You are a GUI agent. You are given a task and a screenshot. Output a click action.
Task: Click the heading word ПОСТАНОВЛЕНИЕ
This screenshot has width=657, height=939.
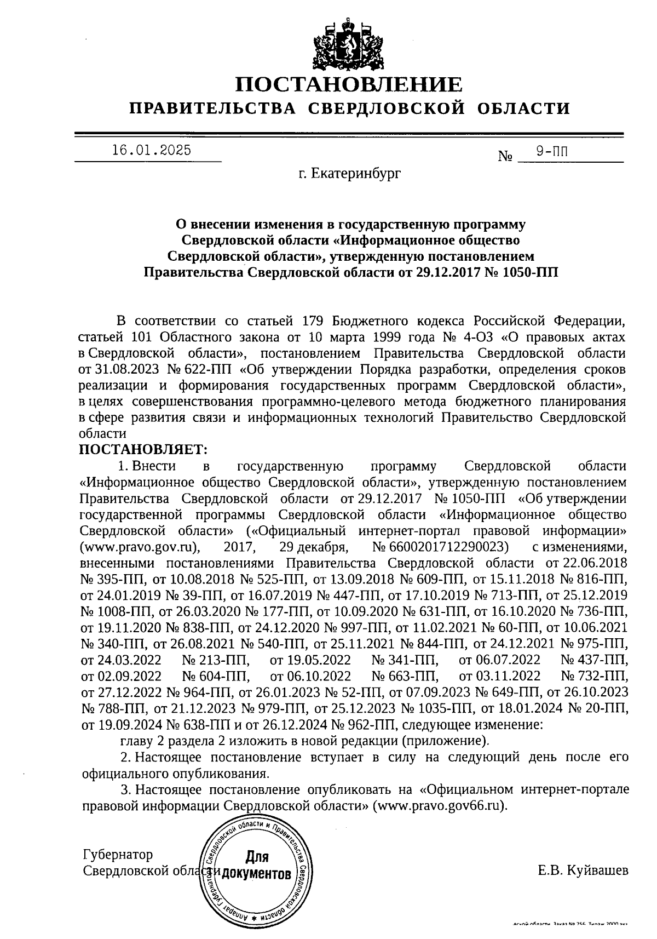pos(349,85)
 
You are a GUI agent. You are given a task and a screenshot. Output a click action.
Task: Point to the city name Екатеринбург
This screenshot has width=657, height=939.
pos(355,174)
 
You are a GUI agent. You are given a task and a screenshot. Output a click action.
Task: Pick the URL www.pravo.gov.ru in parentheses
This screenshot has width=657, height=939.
pos(139,547)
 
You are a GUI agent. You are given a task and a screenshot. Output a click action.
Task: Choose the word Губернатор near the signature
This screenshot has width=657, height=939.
pos(118,855)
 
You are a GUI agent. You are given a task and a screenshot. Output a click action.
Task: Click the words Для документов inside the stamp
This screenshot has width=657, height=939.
pos(257,866)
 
